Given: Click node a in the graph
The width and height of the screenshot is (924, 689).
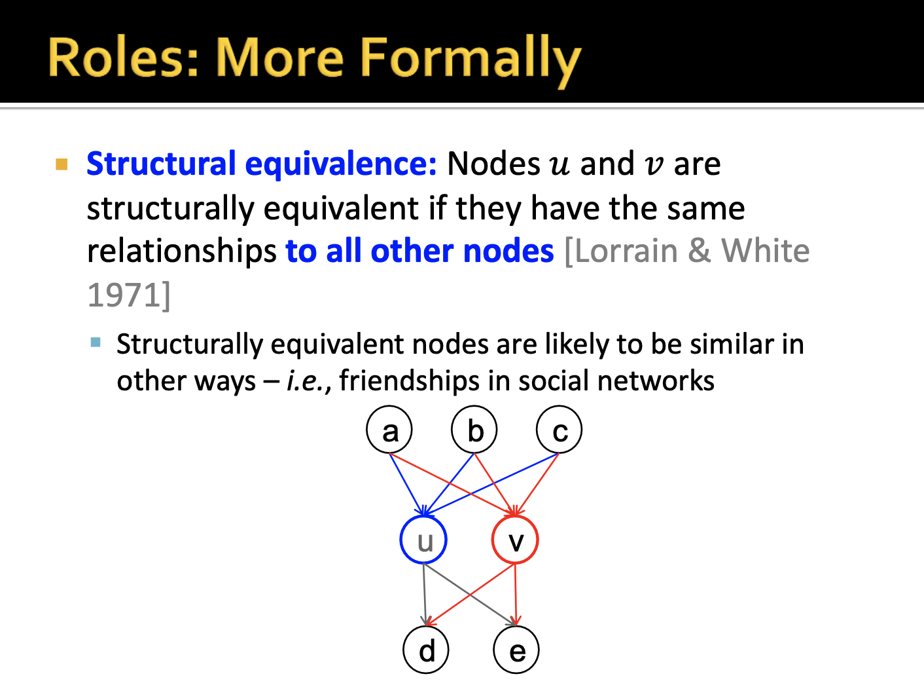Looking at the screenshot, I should tap(389, 430).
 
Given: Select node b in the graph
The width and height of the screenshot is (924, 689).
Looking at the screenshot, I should tap(474, 430).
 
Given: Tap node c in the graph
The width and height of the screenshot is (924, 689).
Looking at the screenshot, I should tap(559, 430).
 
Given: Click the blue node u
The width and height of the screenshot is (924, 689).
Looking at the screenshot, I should tap(423, 540).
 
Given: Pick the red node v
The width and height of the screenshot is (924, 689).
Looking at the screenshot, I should tap(515, 540).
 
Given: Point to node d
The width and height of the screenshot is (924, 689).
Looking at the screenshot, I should tap(426, 650).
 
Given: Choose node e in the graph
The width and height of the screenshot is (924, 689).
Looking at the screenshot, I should tap(516, 650).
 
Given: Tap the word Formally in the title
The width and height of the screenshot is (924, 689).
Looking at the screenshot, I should tap(470, 59).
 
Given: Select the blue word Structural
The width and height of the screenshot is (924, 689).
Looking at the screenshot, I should tap(161, 164).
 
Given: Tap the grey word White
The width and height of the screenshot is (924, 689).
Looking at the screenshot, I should tap(765, 251).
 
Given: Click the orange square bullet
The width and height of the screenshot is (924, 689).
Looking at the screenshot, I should tap(62, 164).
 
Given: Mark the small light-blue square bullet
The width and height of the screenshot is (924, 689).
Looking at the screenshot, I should tap(96, 342).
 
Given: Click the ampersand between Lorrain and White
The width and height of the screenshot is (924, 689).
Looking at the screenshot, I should tap(700, 251).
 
